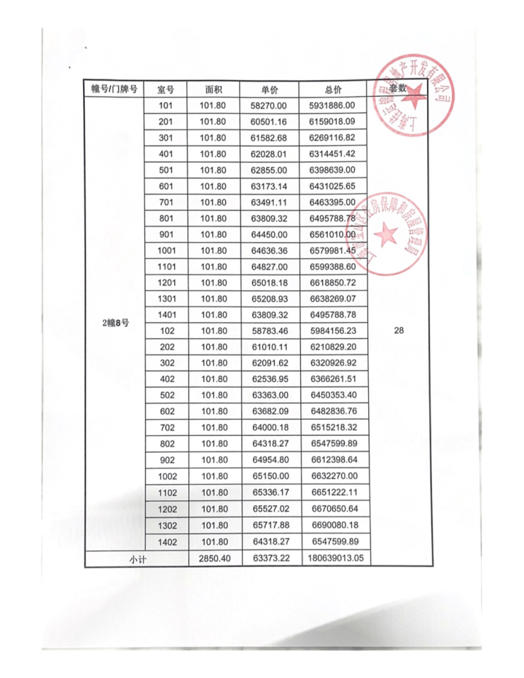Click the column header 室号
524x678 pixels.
coord(166,90)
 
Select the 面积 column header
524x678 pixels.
coord(213,90)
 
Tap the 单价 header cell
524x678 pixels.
coord(268,90)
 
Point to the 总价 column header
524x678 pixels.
coord(332,90)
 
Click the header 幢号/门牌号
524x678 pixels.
coord(113,90)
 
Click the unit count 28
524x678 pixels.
coord(399,331)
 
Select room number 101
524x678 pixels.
coord(166,106)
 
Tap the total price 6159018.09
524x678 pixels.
coord(332,122)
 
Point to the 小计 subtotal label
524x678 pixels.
coord(137,558)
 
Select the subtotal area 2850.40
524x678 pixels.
coord(213,558)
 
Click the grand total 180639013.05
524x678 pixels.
coord(332,558)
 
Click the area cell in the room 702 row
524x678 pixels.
coord(213,429)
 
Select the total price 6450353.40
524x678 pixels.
coord(332,396)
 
